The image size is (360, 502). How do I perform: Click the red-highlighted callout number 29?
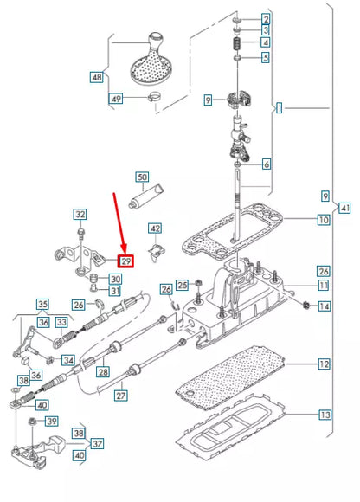click(125, 261)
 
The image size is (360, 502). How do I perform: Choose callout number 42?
click(154, 228)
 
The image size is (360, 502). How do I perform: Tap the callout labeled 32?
click(80, 214)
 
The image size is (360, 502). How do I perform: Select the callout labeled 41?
click(345, 208)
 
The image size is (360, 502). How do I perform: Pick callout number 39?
click(51, 422)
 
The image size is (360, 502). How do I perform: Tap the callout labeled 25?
click(183, 285)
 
